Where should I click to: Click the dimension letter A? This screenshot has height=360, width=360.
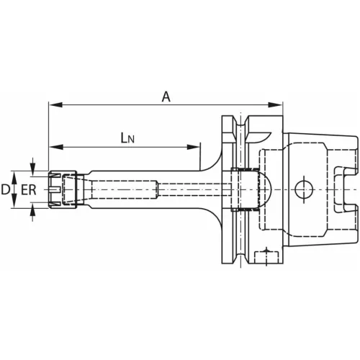tap(166, 97)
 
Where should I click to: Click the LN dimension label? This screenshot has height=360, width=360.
tap(127, 138)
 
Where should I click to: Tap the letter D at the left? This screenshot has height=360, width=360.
tap(5, 189)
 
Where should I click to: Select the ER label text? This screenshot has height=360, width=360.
tap(29, 189)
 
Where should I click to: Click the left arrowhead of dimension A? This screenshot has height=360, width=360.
tap(55, 105)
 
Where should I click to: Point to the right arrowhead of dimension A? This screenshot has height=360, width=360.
tap(276, 105)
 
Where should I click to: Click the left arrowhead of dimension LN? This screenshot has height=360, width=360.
tap(56, 147)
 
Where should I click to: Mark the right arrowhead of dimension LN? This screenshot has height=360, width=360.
tap(193, 147)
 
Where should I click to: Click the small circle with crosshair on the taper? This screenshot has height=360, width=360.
tap(304, 189)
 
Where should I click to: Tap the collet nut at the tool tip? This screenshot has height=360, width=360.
tap(63, 189)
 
